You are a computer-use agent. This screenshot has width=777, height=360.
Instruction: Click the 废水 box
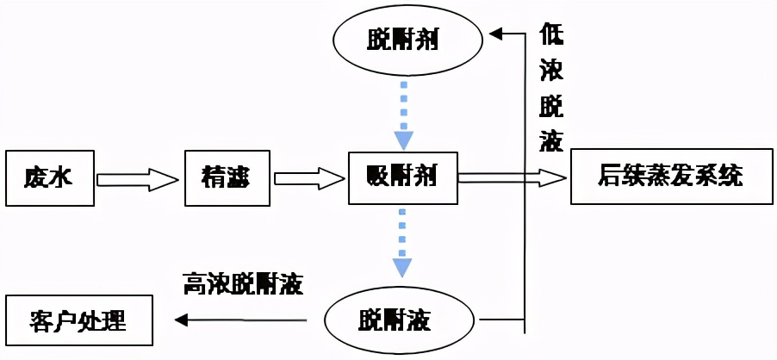49,178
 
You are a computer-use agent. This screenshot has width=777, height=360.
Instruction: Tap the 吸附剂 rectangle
401,178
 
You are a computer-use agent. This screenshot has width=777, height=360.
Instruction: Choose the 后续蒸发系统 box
669,178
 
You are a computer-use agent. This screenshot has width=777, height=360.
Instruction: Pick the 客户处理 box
78,320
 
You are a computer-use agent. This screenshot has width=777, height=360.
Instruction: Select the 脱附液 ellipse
401,321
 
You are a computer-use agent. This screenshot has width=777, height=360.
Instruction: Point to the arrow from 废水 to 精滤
139,179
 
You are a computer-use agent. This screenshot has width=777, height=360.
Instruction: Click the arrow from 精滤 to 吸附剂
310,179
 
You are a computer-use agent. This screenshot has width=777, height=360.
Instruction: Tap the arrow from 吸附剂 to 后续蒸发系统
512,177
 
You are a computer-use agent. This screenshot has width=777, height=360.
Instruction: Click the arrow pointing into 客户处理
240,320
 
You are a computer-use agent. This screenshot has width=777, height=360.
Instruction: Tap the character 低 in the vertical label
551,35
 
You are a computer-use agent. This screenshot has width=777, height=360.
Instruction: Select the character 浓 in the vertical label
551,70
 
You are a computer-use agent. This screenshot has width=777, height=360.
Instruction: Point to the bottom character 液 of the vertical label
551,140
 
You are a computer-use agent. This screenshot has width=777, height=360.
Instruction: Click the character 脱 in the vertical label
551,105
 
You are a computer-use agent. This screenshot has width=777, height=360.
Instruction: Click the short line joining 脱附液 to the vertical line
500,321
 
